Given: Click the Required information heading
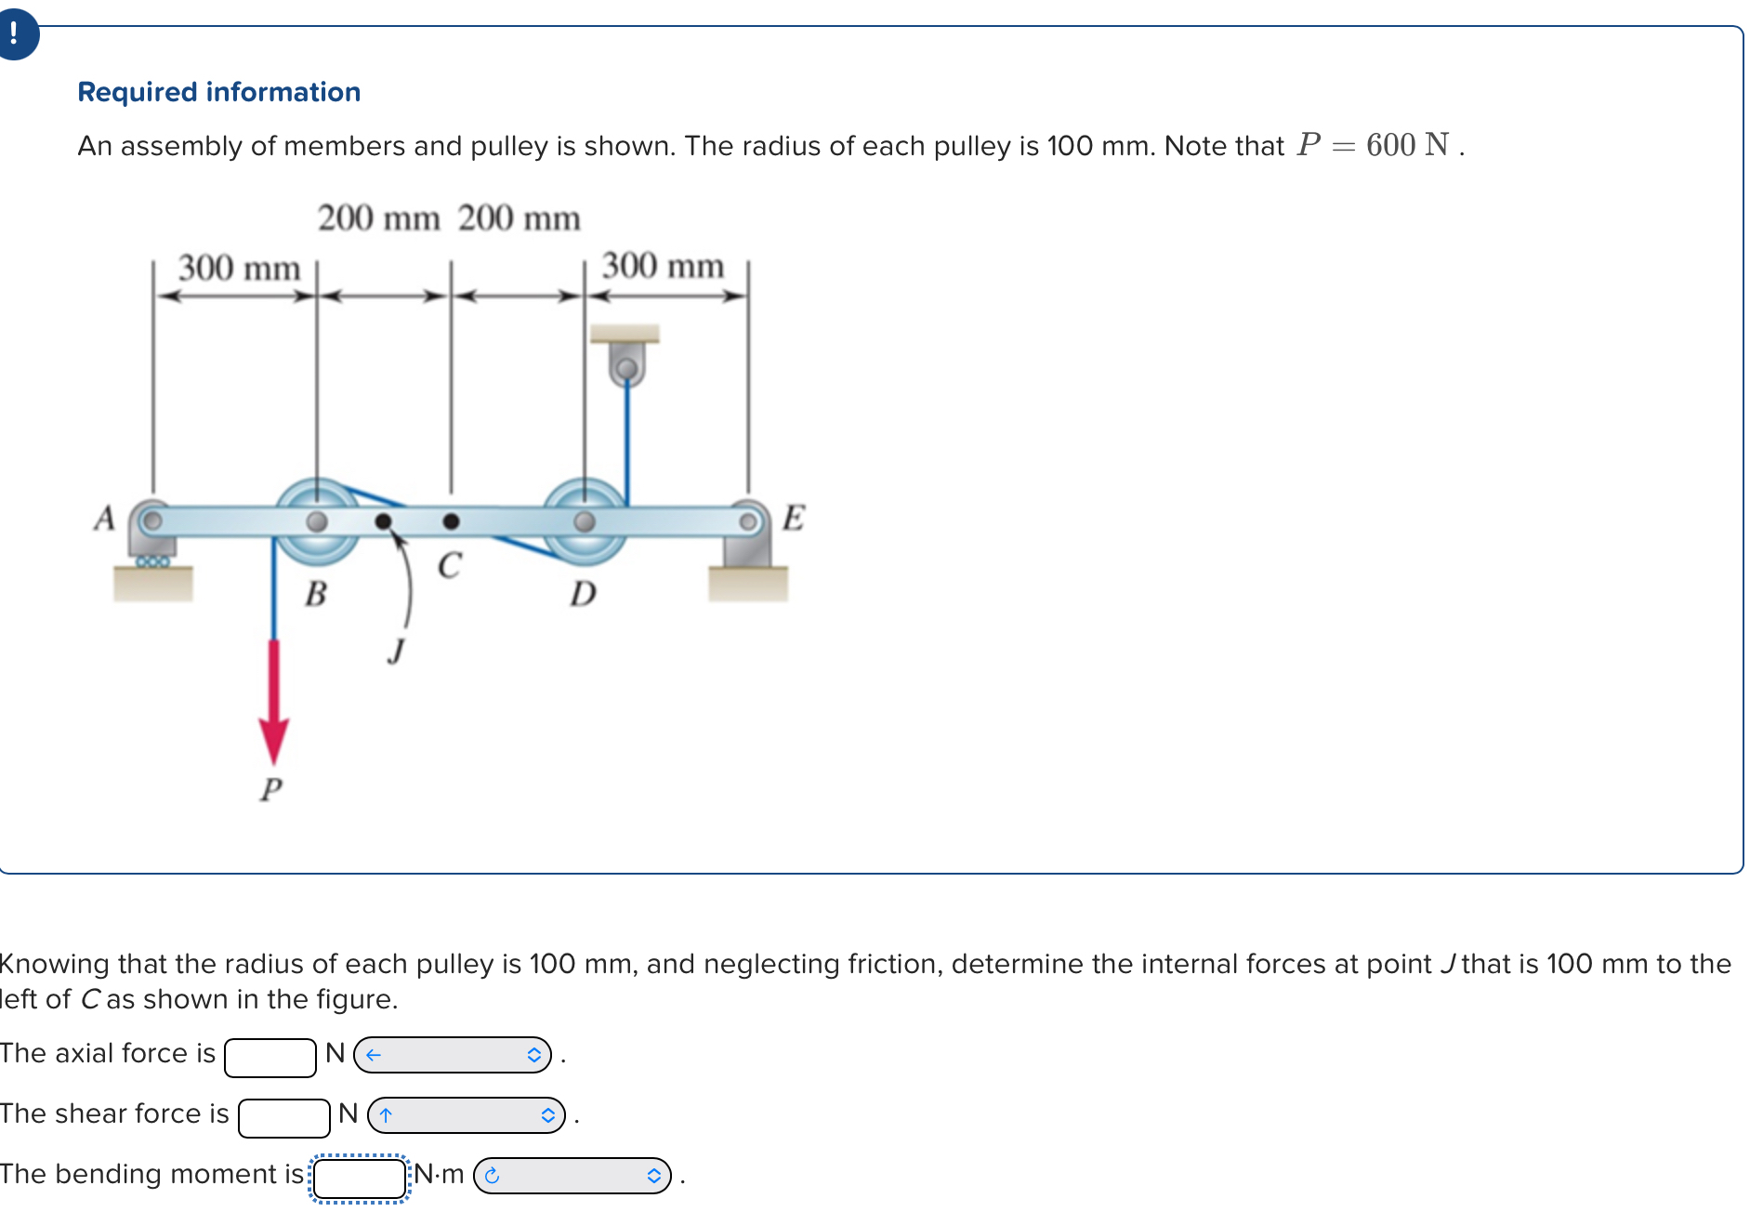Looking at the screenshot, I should coord(218,92).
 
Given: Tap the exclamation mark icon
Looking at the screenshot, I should coord(14,34).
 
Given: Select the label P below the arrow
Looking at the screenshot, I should coord(270,789).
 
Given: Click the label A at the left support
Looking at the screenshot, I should coord(104,518).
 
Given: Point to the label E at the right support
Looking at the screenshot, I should coord(793,517).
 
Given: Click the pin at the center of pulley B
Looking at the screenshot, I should coord(317,521).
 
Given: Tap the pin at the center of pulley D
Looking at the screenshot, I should coord(585,521).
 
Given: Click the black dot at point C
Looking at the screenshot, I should coord(451,521).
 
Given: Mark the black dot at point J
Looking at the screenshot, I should coord(383,521).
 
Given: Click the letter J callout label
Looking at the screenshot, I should coord(397,650).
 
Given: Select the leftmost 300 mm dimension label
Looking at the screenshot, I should coord(239,268).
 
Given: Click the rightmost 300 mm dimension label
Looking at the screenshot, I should coord(663,266).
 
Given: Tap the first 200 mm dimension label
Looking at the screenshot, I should coord(378,218).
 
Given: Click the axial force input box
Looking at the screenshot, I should coord(270,1058).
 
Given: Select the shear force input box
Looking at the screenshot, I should coord(284,1118).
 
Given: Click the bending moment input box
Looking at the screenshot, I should coord(360,1179).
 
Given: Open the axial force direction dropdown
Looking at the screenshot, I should coord(453,1055).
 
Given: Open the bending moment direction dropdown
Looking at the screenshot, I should coord(572,1176).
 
